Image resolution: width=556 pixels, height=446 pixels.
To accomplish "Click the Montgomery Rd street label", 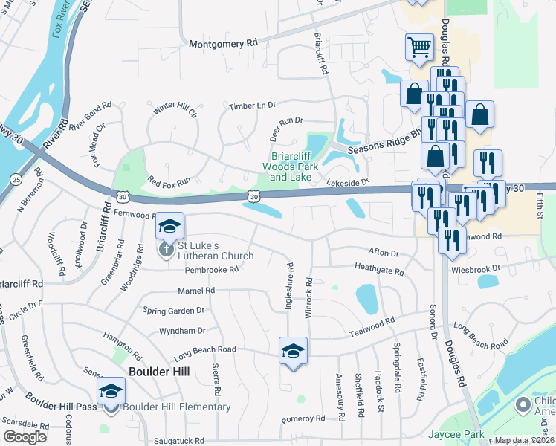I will click(x=222, y=44).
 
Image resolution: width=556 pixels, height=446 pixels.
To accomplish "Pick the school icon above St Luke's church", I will click(x=169, y=226).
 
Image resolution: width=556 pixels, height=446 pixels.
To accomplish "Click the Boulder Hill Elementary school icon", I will click(x=111, y=392).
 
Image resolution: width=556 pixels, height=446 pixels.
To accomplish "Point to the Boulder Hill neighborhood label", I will click(x=159, y=371).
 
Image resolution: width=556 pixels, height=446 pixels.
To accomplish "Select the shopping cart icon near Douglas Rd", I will click(x=419, y=48).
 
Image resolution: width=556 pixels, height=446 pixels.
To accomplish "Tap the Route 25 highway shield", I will click(x=16, y=179).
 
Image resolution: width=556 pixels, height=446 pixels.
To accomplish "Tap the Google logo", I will click(x=24, y=436).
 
